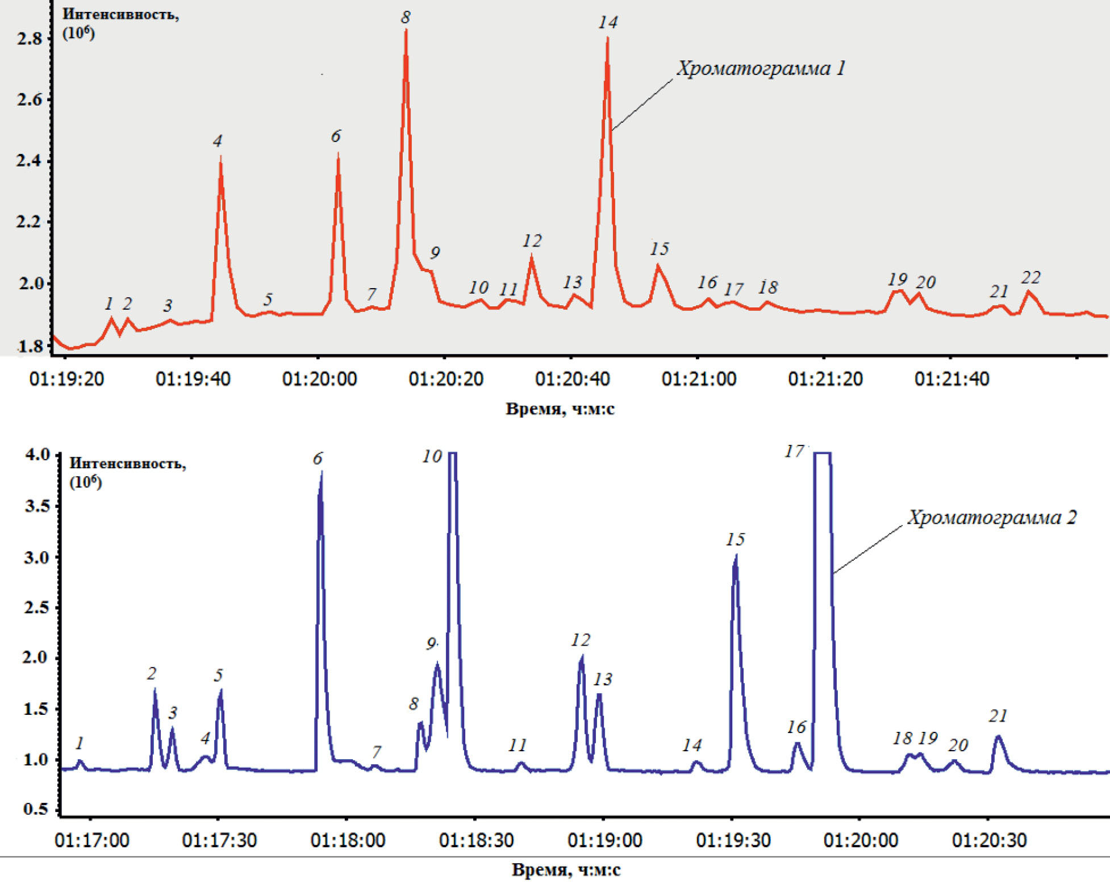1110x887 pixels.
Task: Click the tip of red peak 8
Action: (x=406, y=30)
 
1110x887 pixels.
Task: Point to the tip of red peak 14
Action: (x=607, y=39)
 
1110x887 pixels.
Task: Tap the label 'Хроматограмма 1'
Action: (x=761, y=69)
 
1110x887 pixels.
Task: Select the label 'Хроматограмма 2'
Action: (x=991, y=518)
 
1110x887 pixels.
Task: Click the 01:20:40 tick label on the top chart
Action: (x=572, y=379)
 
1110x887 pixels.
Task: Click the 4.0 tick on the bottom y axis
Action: (x=36, y=455)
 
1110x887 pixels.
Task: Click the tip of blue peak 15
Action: (x=736, y=556)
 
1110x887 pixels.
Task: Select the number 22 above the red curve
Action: (x=1030, y=278)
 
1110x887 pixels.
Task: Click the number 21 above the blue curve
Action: (x=998, y=716)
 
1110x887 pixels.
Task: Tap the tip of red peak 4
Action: (x=220, y=157)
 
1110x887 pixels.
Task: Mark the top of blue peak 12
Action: (x=582, y=657)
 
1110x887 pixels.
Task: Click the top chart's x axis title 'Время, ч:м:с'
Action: (x=560, y=409)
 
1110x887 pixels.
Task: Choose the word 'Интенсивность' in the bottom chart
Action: (x=127, y=463)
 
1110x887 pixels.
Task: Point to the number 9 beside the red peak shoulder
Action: (x=435, y=253)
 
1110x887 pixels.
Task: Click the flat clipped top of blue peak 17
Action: (x=822, y=453)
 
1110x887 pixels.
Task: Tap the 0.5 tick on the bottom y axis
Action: (x=36, y=809)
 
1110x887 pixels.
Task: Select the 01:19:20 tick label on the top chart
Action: (x=66, y=379)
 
